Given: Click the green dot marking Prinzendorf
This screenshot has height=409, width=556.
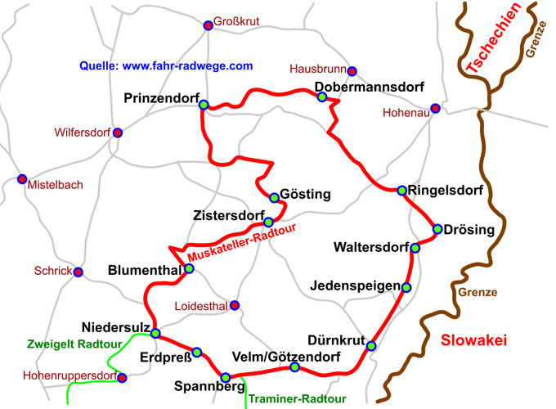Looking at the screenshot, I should (204, 104).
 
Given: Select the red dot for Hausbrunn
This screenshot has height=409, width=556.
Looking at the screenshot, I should (352, 71).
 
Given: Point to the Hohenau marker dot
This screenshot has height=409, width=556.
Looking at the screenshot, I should (436, 108).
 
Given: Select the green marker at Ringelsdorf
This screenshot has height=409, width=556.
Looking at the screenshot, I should (401, 191).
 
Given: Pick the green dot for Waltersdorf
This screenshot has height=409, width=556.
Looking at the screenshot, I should (415, 248).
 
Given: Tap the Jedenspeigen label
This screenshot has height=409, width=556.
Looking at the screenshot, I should (355, 286).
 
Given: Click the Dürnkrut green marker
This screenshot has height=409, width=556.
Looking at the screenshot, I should (371, 346).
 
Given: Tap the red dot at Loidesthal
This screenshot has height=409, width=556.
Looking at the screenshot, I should (235, 306).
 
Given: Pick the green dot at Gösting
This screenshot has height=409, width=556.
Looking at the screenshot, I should (275, 196).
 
